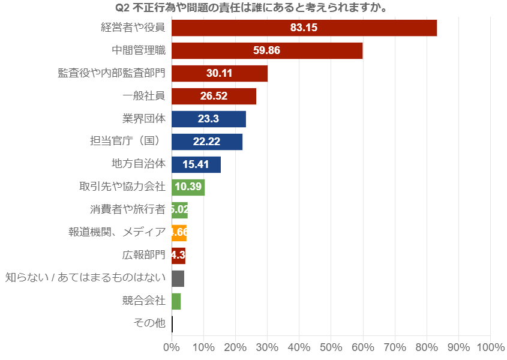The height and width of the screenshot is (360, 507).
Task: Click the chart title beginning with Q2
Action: (x=250, y=8)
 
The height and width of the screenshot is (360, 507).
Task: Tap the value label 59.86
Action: (x=266, y=51)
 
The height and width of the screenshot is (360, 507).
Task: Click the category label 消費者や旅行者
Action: (x=127, y=210)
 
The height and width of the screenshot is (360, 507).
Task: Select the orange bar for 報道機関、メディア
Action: (x=179, y=233)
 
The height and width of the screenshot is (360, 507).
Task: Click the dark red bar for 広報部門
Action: (x=178, y=256)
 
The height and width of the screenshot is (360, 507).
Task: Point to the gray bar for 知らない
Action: (x=178, y=278)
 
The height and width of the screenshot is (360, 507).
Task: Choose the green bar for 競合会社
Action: (x=176, y=301)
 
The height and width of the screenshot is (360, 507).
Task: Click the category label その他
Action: (x=149, y=323)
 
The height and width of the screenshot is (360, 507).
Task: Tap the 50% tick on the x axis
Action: (x=331, y=347)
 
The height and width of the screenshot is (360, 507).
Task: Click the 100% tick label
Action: (x=490, y=347)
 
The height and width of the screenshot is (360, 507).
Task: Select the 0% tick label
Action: (x=172, y=347)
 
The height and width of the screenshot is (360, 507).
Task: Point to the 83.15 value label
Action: (x=304, y=28)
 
